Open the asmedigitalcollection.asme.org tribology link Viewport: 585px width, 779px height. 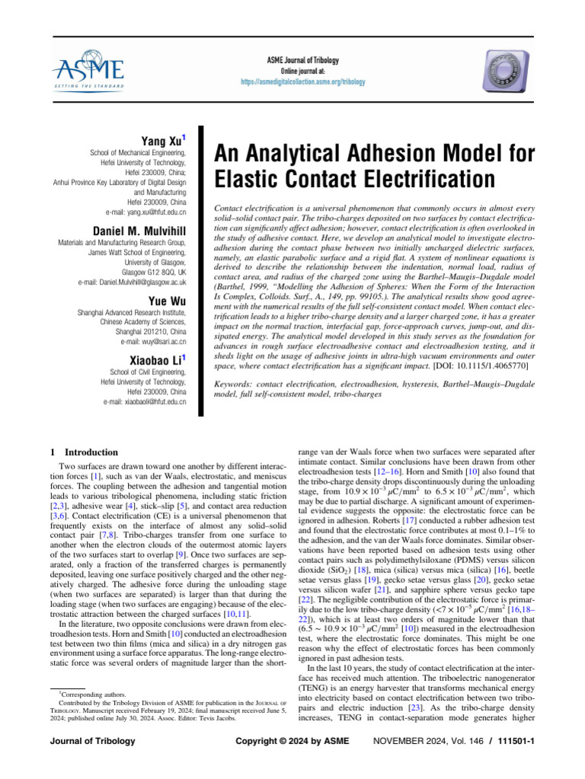pos(303,81)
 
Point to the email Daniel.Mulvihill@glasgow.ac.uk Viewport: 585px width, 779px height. pos(132,281)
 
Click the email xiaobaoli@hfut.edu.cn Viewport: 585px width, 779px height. pos(149,401)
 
